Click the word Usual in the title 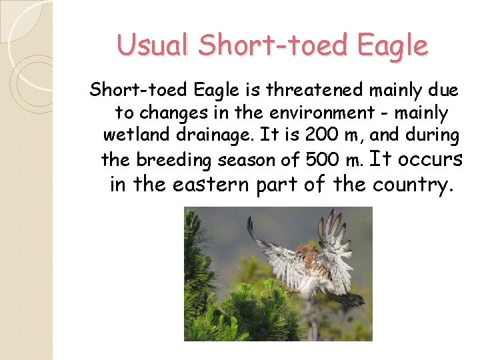point(154,45)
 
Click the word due point(444,89)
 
